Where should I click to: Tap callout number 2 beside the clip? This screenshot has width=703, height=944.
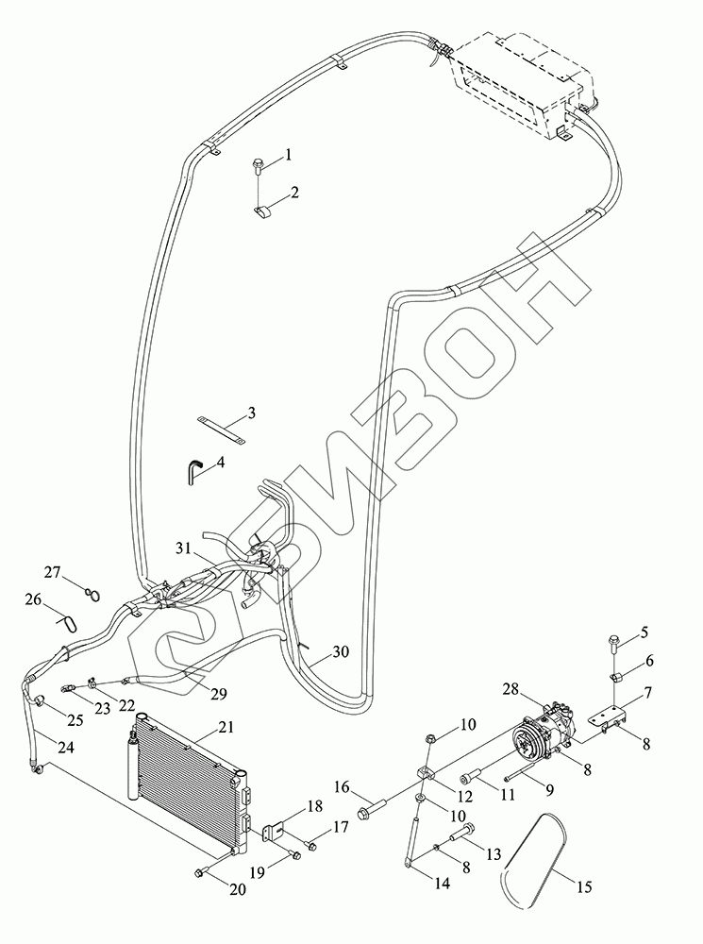(x=295, y=192)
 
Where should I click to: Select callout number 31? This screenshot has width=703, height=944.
(x=182, y=548)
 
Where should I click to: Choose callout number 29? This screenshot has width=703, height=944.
(x=218, y=694)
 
